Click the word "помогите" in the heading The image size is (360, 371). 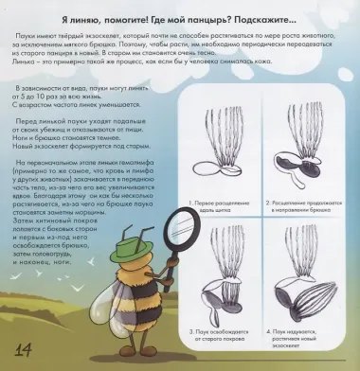click(135, 19)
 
